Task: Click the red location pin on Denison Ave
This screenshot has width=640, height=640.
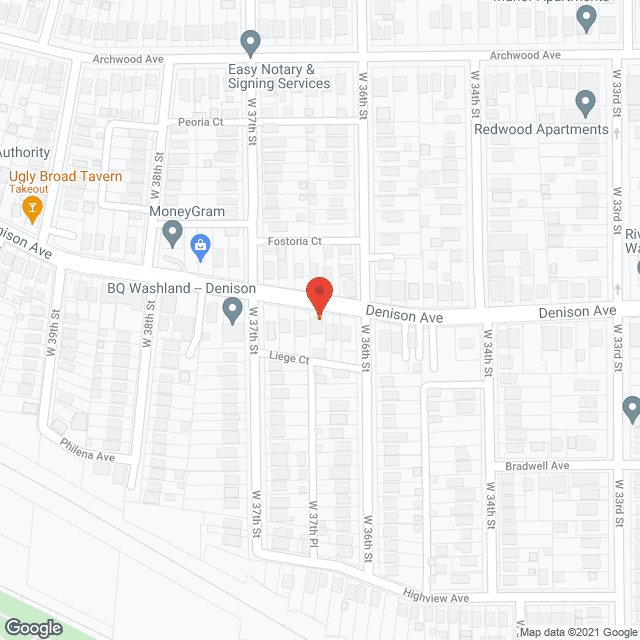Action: tap(318, 296)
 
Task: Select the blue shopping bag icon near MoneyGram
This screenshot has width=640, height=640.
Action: tap(200, 246)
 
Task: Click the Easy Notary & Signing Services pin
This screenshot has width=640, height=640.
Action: tap(251, 43)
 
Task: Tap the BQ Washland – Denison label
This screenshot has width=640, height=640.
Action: tap(182, 288)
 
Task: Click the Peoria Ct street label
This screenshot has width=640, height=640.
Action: tap(201, 122)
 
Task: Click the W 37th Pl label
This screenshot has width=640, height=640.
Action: tap(313, 523)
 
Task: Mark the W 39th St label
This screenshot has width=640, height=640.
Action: tap(50, 339)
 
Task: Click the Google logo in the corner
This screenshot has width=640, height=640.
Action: tap(32, 628)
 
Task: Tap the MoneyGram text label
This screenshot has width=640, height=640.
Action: tap(187, 212)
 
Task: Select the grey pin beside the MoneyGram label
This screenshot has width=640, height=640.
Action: tap(172, 235)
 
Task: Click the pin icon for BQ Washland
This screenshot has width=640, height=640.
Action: tap(229, 313)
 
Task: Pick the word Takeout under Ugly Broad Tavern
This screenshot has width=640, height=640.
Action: tap(30, 189)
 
